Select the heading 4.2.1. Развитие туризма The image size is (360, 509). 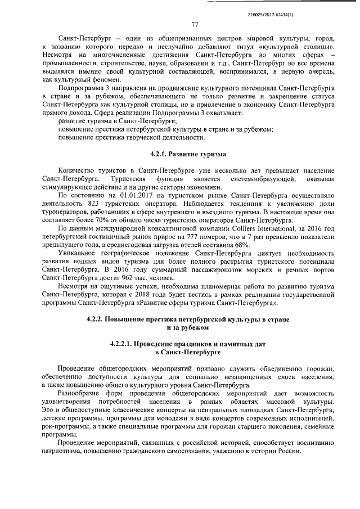(x=188, y=154)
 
